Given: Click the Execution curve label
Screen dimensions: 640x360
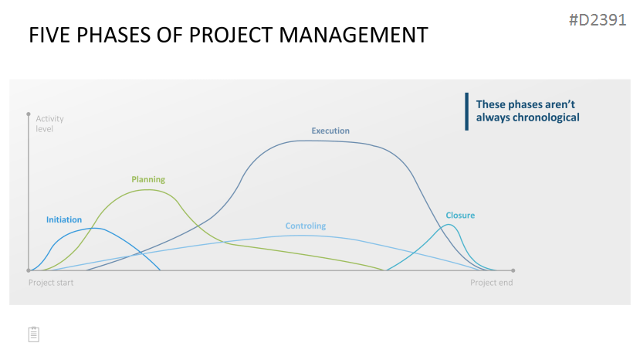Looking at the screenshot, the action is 330,131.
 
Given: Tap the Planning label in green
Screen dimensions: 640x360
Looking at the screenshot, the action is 148,179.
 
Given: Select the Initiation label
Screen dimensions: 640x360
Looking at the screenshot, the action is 63,219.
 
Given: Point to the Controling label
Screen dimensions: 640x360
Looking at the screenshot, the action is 305,226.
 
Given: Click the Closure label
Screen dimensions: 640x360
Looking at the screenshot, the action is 460,216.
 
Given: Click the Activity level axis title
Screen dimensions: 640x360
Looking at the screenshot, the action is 49,124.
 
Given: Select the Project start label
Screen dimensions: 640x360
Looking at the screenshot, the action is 51,283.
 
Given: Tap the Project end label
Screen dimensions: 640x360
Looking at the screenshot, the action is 492,283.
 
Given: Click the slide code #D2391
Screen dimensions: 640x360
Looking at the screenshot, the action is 598,20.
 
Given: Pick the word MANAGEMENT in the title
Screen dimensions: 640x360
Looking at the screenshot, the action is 354,35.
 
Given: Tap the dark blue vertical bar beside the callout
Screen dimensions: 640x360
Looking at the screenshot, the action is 466,111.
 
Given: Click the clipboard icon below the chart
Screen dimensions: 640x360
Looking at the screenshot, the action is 34,335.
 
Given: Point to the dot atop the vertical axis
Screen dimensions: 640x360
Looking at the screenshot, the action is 29,114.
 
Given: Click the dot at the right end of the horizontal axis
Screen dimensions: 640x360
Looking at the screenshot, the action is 513,270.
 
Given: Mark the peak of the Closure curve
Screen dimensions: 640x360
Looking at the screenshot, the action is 449,225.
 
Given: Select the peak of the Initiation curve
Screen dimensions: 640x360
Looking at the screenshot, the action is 95,228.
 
